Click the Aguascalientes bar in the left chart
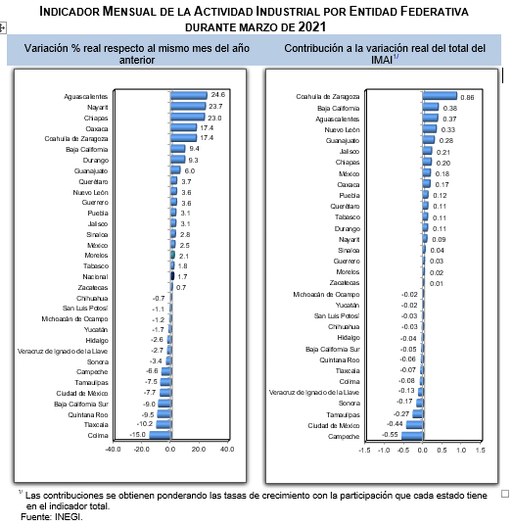tap(189, 96)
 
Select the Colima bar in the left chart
tap(161, 435)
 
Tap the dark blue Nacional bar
tap(172, 276)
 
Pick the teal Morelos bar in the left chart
tap(172, 255)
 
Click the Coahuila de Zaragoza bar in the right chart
tap(440, 96)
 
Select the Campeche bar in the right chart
tap(412, 436)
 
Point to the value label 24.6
tap(217, 95)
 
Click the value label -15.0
tap(138, 435)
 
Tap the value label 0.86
tap(467, 98)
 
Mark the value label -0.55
tap(390, 435)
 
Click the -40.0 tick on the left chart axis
tap(113, 449)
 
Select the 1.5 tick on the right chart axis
tap(481, 450)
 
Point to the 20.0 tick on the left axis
tap(199, 449)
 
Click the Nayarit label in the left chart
tap(98, 107)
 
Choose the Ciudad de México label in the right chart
tap(334, 425)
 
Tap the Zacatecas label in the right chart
tap(345, 283)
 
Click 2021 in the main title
tap(312, 26)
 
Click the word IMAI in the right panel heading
tap(382, 60)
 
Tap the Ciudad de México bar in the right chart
tap(415, 425)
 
